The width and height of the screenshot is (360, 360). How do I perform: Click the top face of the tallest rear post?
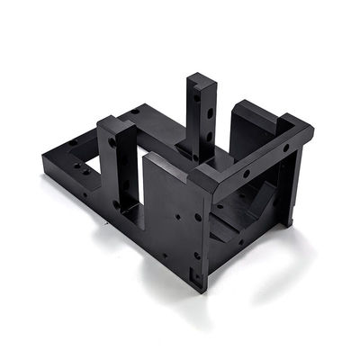coord(201,79)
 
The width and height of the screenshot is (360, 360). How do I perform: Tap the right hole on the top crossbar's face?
coord(286,148)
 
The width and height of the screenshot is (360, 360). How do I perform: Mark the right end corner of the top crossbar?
coord(311,130)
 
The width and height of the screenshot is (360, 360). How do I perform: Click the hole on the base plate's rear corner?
coord(135,111)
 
